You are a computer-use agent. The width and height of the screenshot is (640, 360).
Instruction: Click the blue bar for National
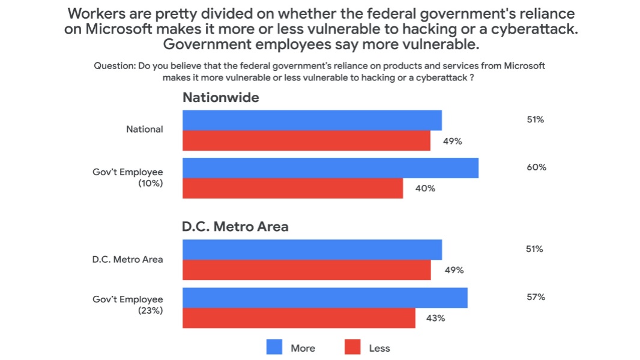coord(312,120)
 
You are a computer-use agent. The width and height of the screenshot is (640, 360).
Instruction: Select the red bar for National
coord(306,140)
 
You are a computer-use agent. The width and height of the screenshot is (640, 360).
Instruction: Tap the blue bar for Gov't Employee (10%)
coord(330,168)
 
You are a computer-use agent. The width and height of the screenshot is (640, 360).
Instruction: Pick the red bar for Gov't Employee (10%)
coord(292,188)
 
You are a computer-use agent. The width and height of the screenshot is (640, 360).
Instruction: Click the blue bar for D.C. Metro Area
coord(312,250)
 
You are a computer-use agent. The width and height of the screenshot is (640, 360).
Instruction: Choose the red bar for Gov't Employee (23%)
coord(298,318)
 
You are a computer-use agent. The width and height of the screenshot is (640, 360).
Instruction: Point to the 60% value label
coord(537,167)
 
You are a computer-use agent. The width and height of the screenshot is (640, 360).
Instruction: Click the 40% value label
coord(425,188)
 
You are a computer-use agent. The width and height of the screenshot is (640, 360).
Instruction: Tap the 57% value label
coord(536,297)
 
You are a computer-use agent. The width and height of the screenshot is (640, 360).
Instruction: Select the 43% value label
coord(436,318)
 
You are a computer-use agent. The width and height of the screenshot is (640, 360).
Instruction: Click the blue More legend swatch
coord(274,347)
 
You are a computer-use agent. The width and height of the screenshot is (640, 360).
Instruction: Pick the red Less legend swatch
coord(352,347)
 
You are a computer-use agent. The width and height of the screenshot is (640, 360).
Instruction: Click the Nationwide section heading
coord(220,97)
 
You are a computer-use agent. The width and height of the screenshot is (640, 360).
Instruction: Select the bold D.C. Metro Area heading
coord(235,227)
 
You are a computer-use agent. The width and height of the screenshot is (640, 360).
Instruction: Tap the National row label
coord(144,129)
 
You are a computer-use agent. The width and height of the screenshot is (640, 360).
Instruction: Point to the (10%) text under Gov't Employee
coord(150,184)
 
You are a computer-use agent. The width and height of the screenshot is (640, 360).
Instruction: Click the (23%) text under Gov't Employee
coord(150,311)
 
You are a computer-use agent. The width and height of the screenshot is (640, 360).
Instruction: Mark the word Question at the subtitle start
coord(114,66)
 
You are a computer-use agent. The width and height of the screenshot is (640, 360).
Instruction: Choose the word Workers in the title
coord(94,13)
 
